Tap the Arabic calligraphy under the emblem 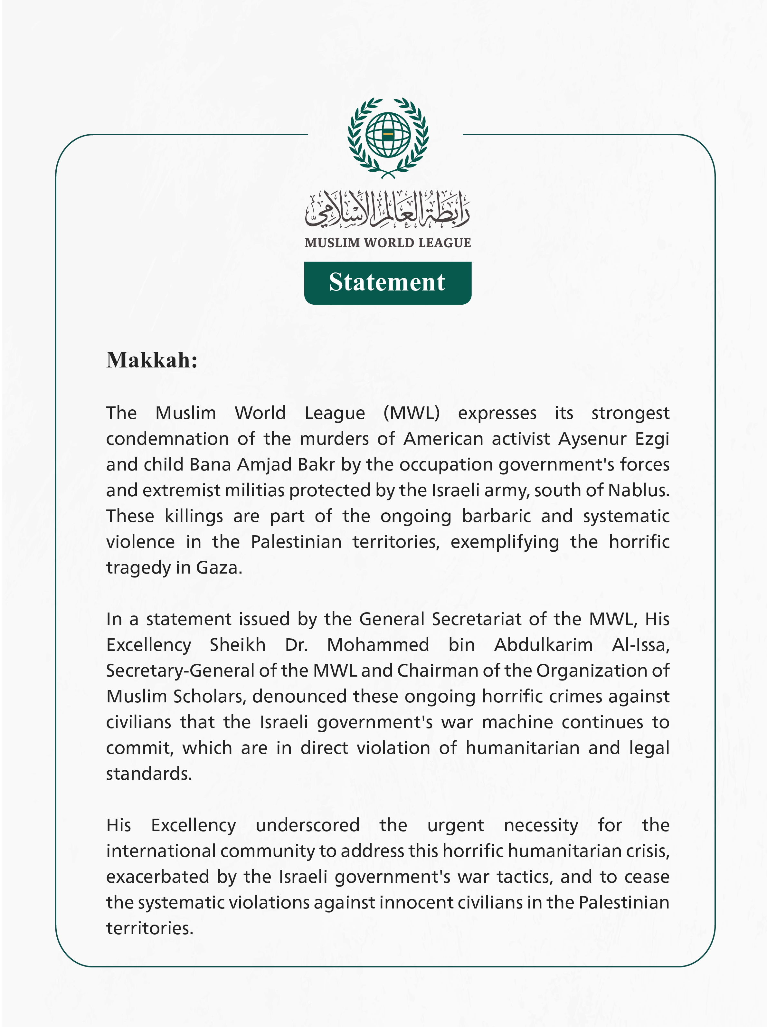[x=388, y=210]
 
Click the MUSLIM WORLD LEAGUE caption [x=388, y=243]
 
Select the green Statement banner [x=388, y=283]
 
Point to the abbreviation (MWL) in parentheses [x=412, y=413]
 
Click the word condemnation [x=167, y=439]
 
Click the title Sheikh [x=237, y=645]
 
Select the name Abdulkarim [x=543, y=645]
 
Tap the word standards [x=148, y=774]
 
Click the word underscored [x=308, y=825]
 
